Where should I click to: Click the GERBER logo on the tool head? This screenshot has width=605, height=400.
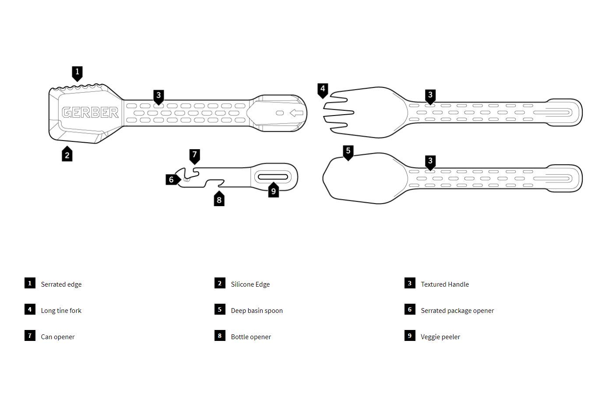click(x=90, y=112)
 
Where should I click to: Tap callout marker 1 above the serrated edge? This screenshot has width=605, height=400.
click(x=77, y=72)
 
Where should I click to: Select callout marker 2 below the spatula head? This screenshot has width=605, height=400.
click(x=67, y=154)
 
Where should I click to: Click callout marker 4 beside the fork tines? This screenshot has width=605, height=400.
click(x=323, y=90)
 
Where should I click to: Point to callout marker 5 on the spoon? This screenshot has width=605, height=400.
click(x=348, y=152)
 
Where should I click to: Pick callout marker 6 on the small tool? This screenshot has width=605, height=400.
click(x=172, y=179)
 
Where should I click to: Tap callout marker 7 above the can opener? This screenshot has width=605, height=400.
click(x=195, y=155)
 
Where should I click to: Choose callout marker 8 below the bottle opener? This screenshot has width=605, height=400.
click(x=219, y=200)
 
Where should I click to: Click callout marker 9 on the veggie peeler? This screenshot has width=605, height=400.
click(x=274, y=190)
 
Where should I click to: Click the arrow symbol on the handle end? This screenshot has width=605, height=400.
click(x=296, y=113)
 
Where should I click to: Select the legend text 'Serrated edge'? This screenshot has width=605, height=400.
click(x=61, y=284)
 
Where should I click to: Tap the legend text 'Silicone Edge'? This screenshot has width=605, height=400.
click(x=250, y=284)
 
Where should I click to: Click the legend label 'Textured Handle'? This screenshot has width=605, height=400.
click(x=445, y=284)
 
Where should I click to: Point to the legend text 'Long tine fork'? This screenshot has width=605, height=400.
click(x=61, y=311)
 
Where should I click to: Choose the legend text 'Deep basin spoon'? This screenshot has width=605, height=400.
click(x=257, y=311)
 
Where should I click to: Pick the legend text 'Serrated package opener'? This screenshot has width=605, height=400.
click(x=457, y=311)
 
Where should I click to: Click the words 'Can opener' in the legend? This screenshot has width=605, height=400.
click(x=58, y=337)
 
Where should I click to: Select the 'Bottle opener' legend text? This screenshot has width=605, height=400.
click(x=251, y=337)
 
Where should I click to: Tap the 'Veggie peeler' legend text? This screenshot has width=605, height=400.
click(x=440, y=337)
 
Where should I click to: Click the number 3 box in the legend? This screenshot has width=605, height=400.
click(x=410, y=283)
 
